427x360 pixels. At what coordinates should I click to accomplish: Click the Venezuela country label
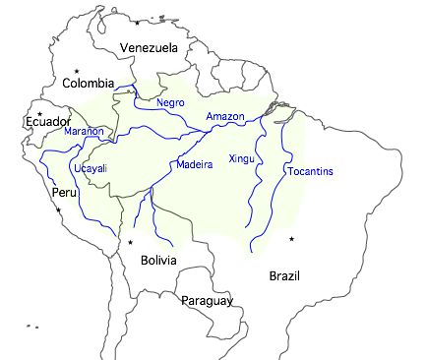(x=149, y=47)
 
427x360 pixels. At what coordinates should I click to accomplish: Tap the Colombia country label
(x=89, y=84)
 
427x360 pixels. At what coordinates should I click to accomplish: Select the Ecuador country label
(x=46, y=121)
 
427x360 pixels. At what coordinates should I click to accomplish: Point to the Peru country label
(x=64, y=192)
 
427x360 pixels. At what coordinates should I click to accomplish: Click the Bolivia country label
(x=158, y=261)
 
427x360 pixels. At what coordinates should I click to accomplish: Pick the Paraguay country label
(x=207, y=300)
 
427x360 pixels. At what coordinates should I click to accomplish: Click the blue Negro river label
(x=170, y=102)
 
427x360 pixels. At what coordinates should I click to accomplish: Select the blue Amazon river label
(x=224, y=117)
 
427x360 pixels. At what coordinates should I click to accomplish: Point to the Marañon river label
(x=84, y=132)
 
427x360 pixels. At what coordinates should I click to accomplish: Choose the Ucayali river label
(x=90, y=168)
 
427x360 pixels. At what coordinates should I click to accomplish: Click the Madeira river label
(x=194, y=164)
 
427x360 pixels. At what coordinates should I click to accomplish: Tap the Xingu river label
(x=241, y=158)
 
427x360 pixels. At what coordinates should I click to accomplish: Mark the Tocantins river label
(x=310, y=172)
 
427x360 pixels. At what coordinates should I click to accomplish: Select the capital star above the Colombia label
(x=77, y=71)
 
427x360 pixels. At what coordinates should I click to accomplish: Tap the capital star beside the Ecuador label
(x=39, y=113)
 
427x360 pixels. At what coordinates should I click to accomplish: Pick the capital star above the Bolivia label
(x=129, y=242)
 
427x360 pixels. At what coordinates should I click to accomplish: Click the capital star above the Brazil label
(x=291, y=239)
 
